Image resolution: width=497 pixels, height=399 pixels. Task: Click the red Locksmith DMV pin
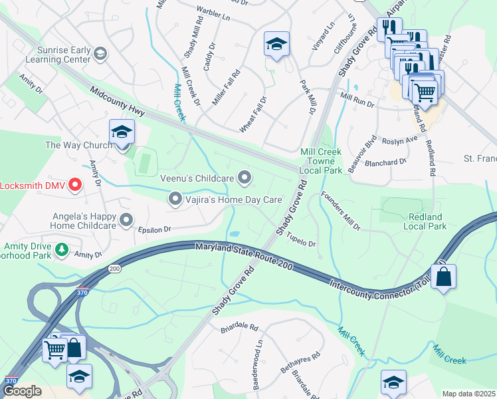pos(74,185)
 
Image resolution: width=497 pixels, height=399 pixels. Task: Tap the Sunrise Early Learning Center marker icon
pos(100,53)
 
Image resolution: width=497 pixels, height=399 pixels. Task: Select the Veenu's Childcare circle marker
pos(245,178)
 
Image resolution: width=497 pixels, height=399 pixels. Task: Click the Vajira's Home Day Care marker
pos(175,199)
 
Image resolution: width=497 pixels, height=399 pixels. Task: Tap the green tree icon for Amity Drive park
pos(62,249)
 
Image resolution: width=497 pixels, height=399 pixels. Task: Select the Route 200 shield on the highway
pos(111,268)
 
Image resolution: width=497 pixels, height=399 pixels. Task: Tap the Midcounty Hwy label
pos(120,101)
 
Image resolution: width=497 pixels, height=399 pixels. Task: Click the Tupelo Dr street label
pos(301,243)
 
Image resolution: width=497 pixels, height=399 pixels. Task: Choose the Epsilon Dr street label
pos(155,228)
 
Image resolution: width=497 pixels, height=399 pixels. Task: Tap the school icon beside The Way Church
pos(122,132)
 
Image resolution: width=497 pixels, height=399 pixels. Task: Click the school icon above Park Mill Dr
pos(276,45)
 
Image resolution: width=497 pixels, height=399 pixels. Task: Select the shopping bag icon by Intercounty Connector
pos(443,275)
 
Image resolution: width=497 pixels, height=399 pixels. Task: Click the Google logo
pos(22,392)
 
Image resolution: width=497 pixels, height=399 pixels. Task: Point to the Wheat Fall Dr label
pos(252,114)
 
